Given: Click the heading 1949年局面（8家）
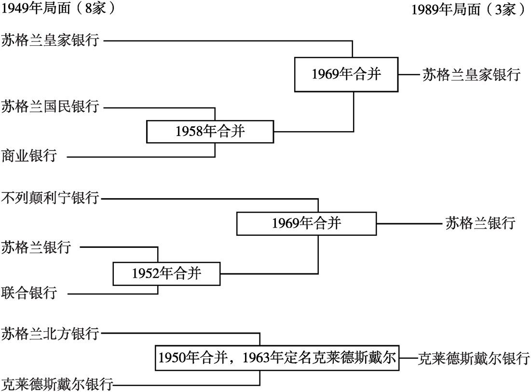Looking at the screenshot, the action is point(58,8).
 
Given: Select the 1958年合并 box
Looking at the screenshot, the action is point(210,131).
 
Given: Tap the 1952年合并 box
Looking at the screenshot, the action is point(166,273).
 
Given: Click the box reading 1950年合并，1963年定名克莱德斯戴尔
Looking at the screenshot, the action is point(277,358).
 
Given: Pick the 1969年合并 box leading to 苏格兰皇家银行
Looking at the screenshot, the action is point(346,74).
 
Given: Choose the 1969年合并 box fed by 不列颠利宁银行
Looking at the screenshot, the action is point(306,223).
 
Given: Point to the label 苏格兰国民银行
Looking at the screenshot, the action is point(50,106).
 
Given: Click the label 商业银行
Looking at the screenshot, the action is point(29,156).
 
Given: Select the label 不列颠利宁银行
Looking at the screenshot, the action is point(50,198).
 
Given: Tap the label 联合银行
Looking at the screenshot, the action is point(29,293).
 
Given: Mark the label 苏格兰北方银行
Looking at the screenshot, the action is point(50,334).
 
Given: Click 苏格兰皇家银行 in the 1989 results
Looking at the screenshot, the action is point(471,74).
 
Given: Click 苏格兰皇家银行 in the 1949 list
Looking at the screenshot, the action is point(50,40).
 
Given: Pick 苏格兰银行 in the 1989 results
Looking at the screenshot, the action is point(480,223).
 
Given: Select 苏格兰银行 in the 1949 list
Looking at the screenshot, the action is point(36,247).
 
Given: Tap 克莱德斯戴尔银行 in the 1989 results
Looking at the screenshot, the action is point(474,358).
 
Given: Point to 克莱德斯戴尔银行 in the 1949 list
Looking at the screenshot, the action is point(57,384).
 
